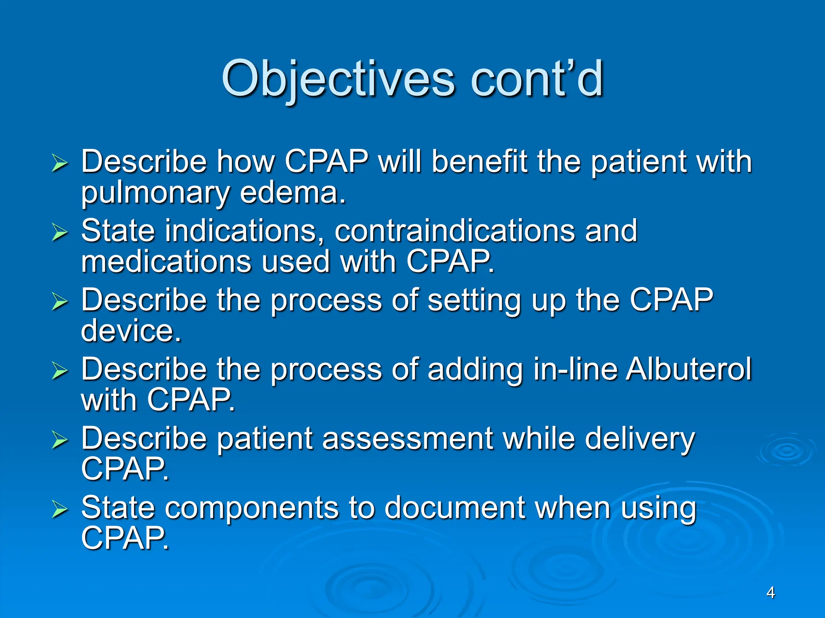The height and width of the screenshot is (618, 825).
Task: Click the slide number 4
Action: pos(770,593)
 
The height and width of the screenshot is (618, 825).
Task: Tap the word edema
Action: pos(292,193)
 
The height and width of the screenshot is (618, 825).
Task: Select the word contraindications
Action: pos(454,231)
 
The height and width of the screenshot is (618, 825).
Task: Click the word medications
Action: pos(166,262)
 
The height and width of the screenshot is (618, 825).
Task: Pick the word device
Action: pos(131,331)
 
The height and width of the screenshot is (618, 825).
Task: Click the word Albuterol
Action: pos(688,369)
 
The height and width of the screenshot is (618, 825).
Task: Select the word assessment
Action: pos(407,438)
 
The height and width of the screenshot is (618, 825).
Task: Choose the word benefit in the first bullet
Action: pos(479,162)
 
